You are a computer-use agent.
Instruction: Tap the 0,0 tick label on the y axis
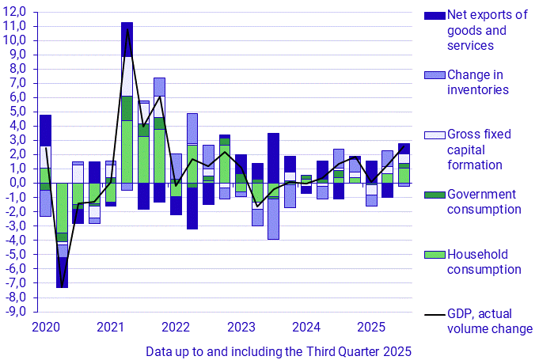point(17,183)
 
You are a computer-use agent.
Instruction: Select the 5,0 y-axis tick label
point(17,112)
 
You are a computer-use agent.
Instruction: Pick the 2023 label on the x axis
point(241,327)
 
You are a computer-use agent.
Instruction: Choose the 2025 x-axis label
point(370,327)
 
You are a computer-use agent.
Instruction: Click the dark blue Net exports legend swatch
point(435,15)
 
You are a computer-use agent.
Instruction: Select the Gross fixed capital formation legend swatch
point(435,135)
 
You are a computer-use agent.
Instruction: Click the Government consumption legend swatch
point(435,195)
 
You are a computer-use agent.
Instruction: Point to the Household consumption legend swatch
point(435,255)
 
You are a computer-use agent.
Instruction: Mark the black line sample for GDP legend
point(435,314)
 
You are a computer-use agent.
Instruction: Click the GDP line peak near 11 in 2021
point(127,29)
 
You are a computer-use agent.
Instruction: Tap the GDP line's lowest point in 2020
point(62,286)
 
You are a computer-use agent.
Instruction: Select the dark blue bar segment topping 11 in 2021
point(127,39)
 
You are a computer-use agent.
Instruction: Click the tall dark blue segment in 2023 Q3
point(273,157)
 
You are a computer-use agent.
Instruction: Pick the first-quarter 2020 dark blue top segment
point(45,130)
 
